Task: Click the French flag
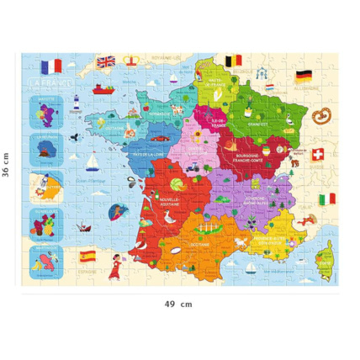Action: (51, 66)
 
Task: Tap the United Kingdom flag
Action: (107, 61)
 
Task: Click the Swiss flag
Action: (318, 155)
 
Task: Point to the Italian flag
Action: (327, 199)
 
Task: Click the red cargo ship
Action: (101, 87)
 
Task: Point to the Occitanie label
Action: (201, 245)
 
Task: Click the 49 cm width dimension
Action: (180, 304)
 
